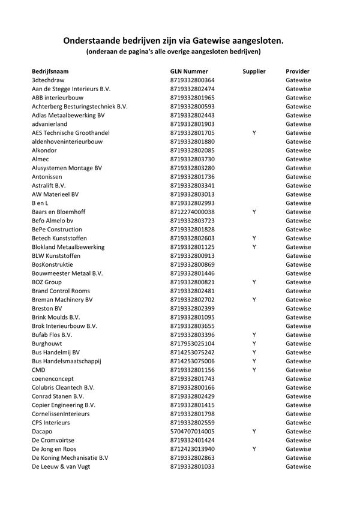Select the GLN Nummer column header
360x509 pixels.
coord(189,71)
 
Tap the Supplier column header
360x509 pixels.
coord(254,71)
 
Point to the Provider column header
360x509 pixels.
coord(298,71)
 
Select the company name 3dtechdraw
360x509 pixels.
coord(48,80)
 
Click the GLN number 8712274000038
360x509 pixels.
coord(193,212)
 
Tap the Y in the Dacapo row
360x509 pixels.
coord(254,432)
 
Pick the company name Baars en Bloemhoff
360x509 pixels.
coord(59,212)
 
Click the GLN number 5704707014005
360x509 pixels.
coord(193,432)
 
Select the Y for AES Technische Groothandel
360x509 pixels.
coord(254,132)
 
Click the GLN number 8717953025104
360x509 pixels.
coord(193,344)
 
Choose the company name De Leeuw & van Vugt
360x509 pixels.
coord(61,466)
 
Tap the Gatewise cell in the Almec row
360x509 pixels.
coord(298,159)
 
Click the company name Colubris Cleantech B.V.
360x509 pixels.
coord(63,387)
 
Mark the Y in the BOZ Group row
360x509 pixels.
coord(254,282)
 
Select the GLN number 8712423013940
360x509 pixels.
coord(193,449)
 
